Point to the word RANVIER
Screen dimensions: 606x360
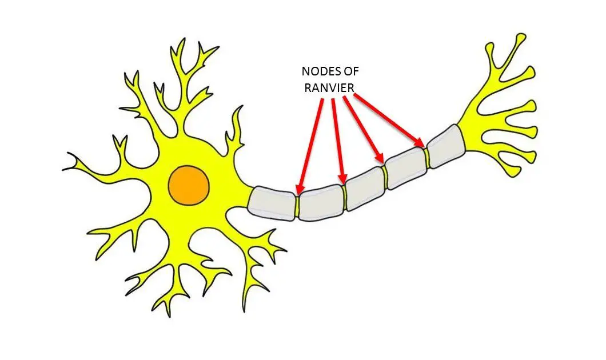329,88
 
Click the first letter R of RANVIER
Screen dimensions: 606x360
308,88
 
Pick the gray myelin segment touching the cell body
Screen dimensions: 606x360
272,203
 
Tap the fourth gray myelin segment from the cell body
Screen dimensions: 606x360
406,168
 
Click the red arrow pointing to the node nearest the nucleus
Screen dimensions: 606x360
310,147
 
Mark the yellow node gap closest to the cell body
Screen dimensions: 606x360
297,207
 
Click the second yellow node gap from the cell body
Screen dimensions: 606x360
345,197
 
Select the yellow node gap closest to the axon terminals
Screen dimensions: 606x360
426,158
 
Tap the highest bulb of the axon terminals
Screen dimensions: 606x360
520,38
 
